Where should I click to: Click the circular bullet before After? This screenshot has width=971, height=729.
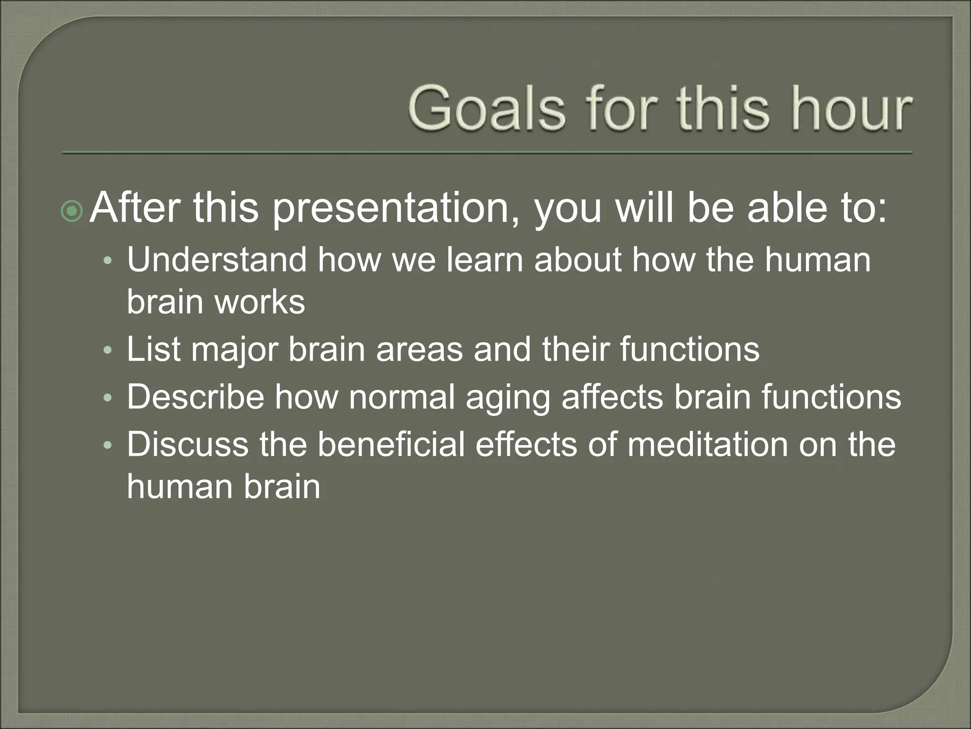(x=72, y=211)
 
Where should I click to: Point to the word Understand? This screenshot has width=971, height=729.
(x=216, y=260)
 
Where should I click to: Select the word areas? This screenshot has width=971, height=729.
(x=419, y=349)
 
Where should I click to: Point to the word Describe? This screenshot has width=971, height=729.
(x=195, y=397)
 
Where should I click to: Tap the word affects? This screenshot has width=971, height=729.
(x=612, y=397)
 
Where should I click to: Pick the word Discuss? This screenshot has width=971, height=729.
(x=187, y=444)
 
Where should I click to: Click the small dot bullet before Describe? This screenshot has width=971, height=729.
(x=109, y=398)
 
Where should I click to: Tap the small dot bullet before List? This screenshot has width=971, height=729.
(x=109, y=350)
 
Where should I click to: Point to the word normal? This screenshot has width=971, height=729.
(x=402, y=397)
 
